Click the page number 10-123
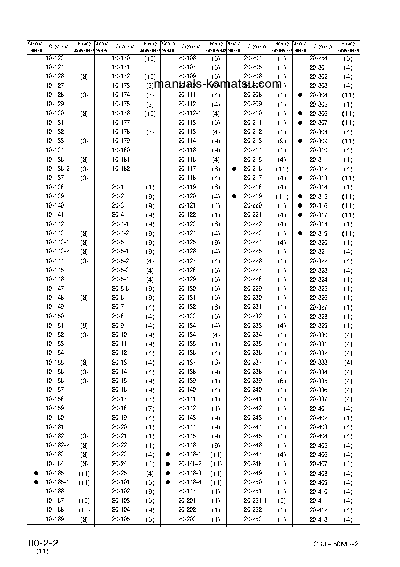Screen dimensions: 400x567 pos(54,58)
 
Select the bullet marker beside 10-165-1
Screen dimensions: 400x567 pos(36,482)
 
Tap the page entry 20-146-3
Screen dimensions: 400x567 pos(190,473)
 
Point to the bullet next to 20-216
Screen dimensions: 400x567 pos(234,169)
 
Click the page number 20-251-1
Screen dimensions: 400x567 pos(255,500)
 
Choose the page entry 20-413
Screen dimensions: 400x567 pos(318,519)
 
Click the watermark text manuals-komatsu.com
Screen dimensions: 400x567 pos(217,84)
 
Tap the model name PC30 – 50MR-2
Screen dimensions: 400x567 pos(334,544)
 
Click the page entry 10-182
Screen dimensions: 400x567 pos(121,169)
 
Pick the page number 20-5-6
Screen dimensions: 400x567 pos(121,288)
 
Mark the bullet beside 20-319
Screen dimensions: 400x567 pos(300,233)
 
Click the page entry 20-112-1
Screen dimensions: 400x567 pos(190,113)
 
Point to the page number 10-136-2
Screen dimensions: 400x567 pos(58,169)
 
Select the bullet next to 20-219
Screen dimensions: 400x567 pos(234,196)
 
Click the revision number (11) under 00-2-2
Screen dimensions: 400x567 pos(42,552)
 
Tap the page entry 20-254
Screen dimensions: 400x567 pos(318,58)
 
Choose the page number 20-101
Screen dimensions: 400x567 pos(121,482)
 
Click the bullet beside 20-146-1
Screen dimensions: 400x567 pos(167,454)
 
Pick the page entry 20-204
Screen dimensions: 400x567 pos(253,58)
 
